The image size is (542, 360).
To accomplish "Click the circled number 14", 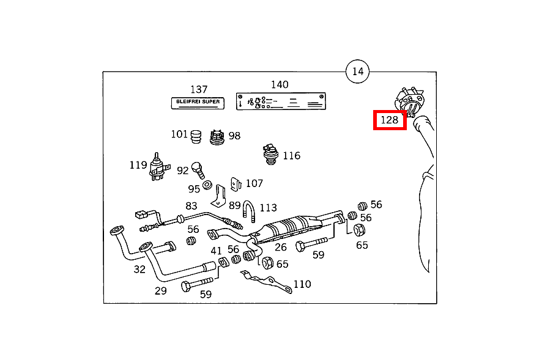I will [x=358, y=72].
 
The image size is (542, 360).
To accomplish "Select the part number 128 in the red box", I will [x=390, y=120].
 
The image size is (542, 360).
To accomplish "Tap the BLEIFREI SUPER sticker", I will [x=198, y=103].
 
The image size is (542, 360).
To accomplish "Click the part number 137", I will [x=199, y=89].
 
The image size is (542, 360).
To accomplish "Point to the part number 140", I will [x=280, y=85].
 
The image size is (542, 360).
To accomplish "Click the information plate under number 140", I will [x=281, y=101].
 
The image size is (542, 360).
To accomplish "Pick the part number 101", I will [x=179, y=134].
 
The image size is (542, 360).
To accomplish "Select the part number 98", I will [x=234, y=136].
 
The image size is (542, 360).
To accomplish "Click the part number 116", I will [x=291, y=155].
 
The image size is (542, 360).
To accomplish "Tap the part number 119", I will [x=138, y=164].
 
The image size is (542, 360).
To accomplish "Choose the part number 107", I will [x=254, y=183].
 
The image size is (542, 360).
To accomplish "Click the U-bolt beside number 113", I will [x=248, y=210].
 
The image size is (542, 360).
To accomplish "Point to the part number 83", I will [x=191, y=207].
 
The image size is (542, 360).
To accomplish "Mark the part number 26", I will [x=280, y=247].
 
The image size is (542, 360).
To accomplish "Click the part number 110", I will [x=302, y=284].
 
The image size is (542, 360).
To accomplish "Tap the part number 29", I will [x=160, y=290].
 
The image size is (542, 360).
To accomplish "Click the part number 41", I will [x=216, y=251].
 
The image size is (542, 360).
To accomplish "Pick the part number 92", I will [x=183, y=171].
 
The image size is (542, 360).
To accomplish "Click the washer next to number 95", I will [x=207, y=185].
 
